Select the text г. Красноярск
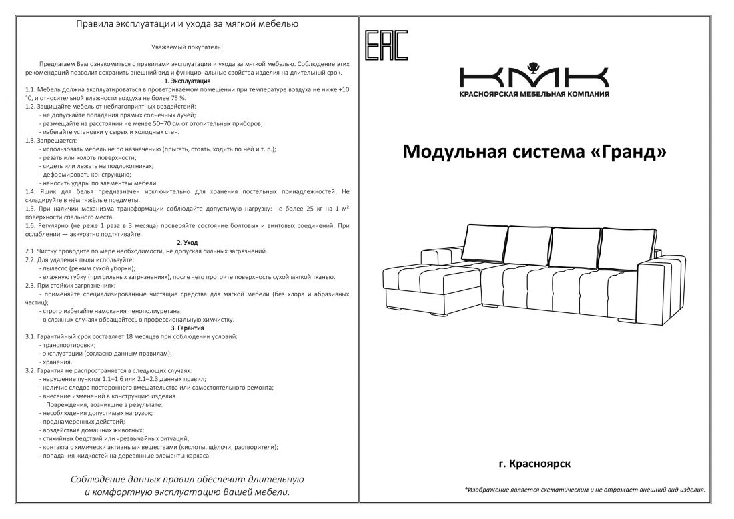534,462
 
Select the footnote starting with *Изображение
585,490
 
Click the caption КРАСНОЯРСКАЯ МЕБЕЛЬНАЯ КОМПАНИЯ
534,94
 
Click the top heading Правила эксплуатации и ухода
187,24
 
